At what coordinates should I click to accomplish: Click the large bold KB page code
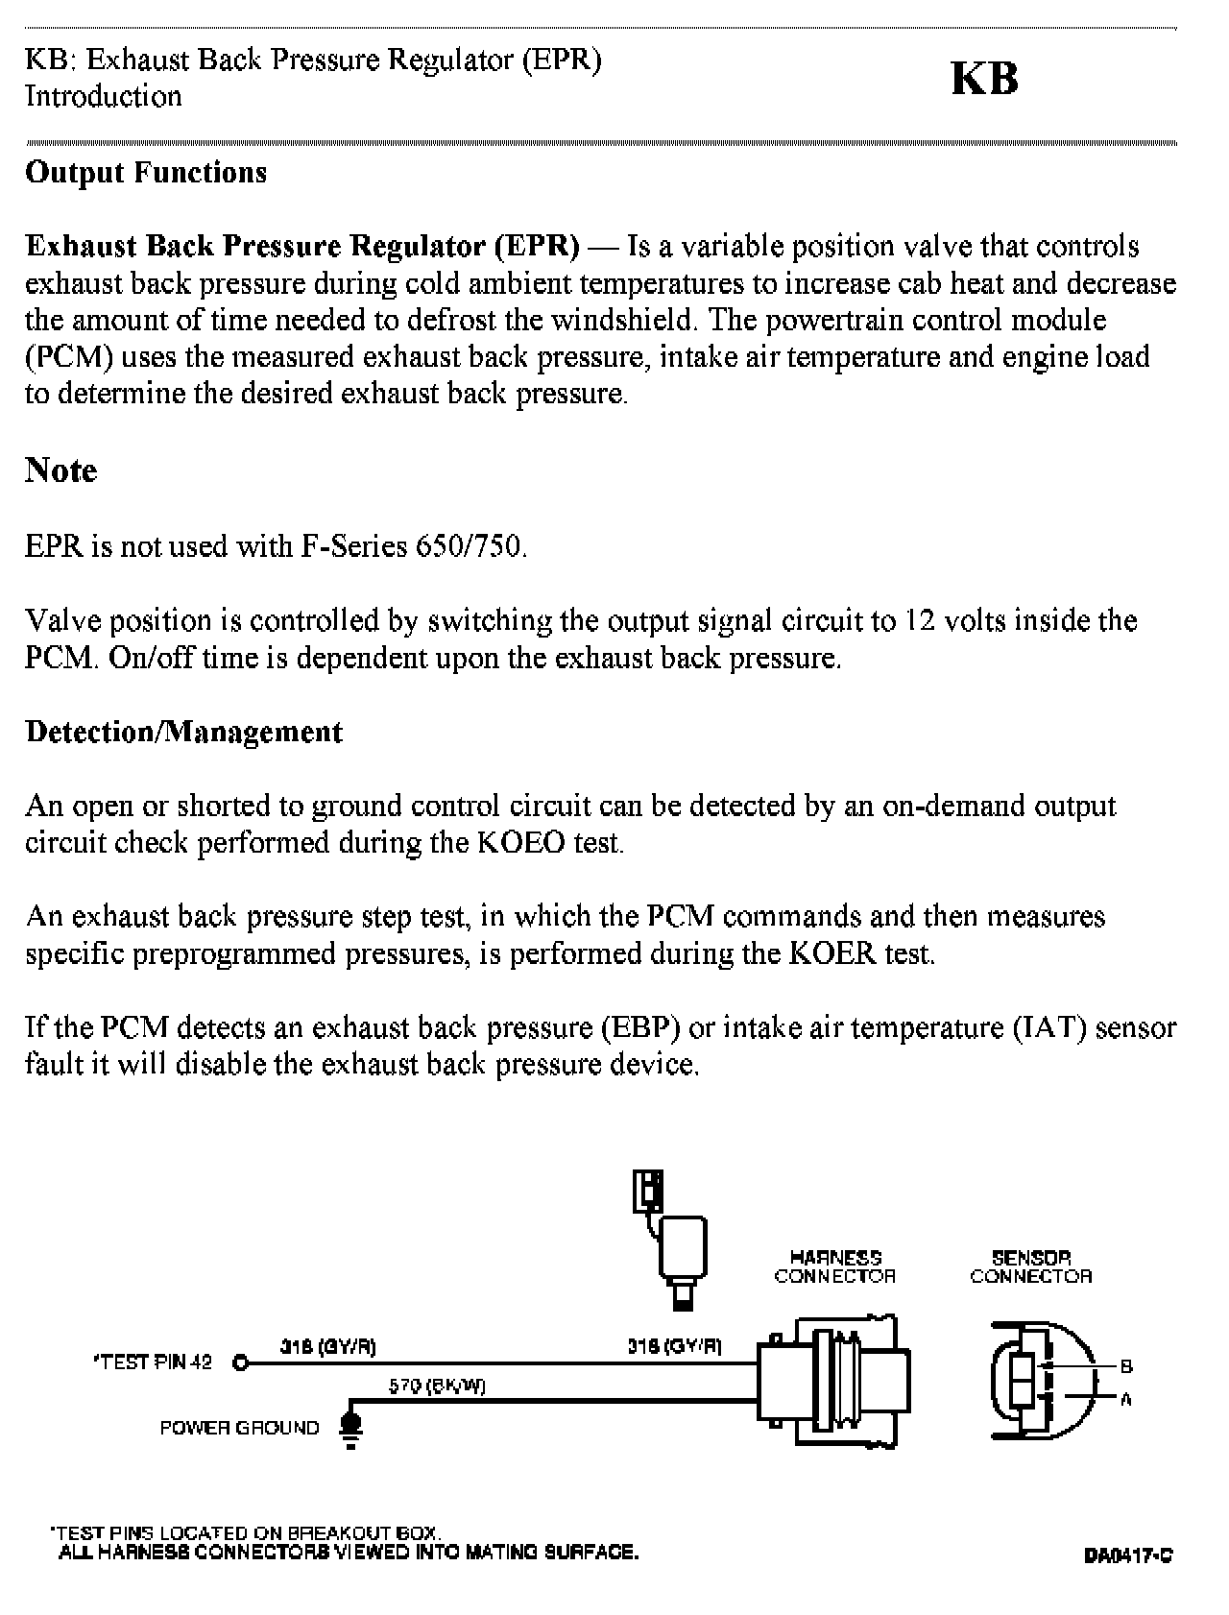click(x=984, y=79)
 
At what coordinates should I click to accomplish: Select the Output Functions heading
click(x=146, y=173)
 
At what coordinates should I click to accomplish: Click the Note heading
click(x=61, y=470)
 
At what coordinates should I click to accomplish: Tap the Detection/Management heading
click(x=183, y=732)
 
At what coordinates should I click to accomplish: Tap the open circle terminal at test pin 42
click(x=241, y=1362)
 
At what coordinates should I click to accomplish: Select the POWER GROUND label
click(x=239, y=1428)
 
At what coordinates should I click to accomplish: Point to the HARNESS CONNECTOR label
click(x=834, y=1266)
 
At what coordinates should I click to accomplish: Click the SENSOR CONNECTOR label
click(x=1030, y=1266)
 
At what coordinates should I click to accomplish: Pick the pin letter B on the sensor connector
click(x=1127, y=1366)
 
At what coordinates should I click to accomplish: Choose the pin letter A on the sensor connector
click(x=1126, y=1399)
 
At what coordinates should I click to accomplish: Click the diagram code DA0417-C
click(x=1128, y=1555)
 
